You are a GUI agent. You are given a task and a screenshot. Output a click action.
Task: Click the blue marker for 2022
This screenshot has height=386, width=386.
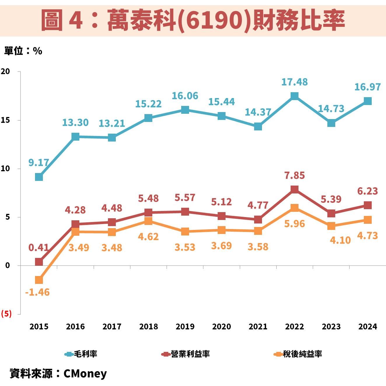(294, 96)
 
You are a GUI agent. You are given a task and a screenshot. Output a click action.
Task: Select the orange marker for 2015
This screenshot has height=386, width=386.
(39, 280)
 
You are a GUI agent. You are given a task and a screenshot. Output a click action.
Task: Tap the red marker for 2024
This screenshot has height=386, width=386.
(368, 205)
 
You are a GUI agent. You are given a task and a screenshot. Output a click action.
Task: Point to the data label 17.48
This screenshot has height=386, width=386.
(294, 82)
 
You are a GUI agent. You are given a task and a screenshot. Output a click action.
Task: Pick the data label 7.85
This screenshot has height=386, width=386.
(294, 175)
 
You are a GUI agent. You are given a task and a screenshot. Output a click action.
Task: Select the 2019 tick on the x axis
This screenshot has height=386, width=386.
(185, 326)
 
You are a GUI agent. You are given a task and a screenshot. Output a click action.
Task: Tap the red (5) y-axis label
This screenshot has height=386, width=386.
(6, 314)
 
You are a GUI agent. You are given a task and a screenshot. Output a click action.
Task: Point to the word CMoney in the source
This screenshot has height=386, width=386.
(85, 373)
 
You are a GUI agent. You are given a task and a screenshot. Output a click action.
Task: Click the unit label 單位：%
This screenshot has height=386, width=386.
(23, 51)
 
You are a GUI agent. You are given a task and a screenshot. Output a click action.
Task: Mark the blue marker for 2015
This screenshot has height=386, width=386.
(39, 177)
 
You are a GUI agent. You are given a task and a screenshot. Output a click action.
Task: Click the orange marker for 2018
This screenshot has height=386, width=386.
(148, 221)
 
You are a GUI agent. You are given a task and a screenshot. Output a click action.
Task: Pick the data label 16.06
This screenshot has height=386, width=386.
(185, 96)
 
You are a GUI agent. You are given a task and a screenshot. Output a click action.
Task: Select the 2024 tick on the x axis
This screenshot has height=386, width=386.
(368, 326)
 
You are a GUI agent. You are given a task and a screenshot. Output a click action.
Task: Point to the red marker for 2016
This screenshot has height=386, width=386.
(75, 224)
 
